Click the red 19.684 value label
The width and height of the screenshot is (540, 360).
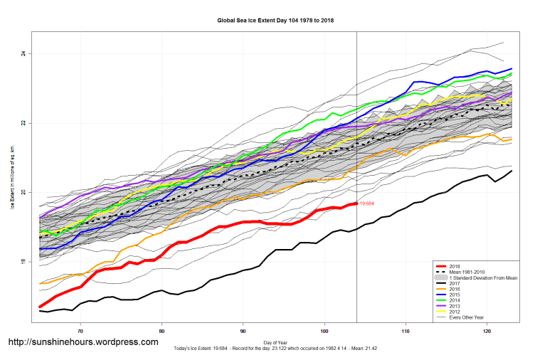367,204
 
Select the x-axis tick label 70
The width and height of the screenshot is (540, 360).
80,331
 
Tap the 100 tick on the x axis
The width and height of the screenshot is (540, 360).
324,331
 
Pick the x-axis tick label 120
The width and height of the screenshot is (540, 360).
487,331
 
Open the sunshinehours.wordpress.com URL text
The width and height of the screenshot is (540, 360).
83,342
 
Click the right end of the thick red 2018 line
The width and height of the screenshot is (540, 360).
356,204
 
